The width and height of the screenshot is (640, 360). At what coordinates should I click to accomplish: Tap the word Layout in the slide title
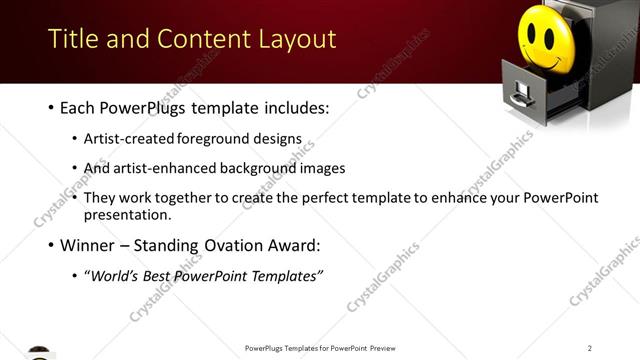pyautogui.click(x=292, y=40)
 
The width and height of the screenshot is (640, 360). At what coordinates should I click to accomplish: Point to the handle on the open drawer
pyautogui.click(x=520, y=98)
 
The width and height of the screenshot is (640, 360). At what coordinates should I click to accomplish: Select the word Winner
pyautogui.click(x=89, y=245)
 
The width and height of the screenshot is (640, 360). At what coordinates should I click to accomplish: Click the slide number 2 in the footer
pyautogui.click(x=590, y=348)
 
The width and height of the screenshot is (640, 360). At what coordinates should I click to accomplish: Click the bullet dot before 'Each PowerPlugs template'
pyautogui.click(x=50, y=108)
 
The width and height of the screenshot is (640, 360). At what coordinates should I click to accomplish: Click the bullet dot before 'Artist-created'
pyautogui.click(x=76, y=141)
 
